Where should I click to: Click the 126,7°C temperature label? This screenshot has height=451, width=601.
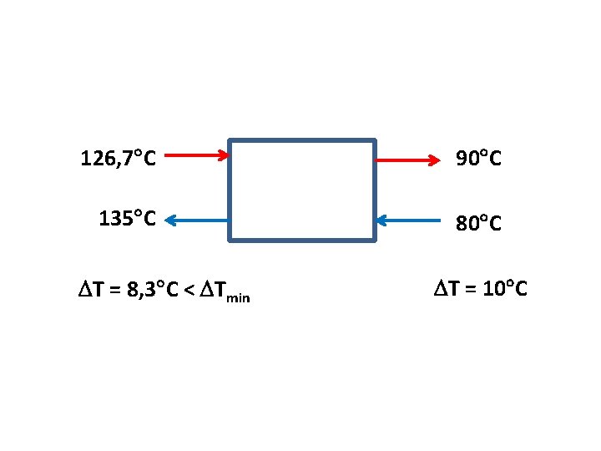tap(118, 157)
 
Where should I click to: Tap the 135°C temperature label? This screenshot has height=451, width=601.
tap(127, 219)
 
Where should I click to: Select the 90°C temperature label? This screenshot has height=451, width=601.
tap(478, 158)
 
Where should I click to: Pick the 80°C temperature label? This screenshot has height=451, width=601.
tap(478, 223)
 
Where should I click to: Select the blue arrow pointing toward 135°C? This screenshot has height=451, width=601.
tap(196, 220)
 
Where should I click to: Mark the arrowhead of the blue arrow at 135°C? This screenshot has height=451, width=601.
tap(169, 220)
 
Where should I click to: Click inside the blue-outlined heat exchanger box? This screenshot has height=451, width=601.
tap(302, 190)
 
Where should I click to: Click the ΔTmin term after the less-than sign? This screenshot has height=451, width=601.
tap(223, 291)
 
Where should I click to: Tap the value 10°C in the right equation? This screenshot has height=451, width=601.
tap(499, 289)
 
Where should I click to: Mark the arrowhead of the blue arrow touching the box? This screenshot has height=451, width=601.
tap(381, 221)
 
